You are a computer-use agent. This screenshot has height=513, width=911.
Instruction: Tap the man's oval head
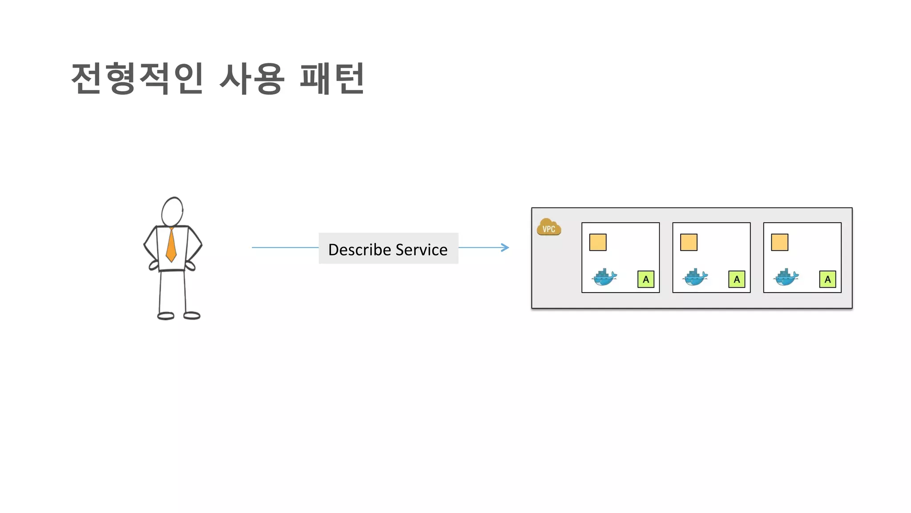172,212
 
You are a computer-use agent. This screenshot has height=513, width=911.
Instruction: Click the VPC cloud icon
548,227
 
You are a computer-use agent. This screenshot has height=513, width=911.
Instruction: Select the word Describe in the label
359,250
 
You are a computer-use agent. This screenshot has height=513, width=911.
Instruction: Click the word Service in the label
421,250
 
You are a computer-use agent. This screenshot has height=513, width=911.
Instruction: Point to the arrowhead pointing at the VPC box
505,248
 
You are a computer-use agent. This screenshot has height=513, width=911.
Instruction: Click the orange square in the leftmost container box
598,243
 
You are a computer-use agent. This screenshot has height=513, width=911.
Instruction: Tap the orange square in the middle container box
689,243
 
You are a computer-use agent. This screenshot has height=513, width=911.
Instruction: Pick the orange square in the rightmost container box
779,243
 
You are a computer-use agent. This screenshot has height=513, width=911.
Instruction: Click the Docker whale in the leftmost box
604,277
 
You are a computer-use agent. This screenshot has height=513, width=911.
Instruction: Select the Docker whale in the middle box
695,277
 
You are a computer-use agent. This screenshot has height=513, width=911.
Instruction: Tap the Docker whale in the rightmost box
786,277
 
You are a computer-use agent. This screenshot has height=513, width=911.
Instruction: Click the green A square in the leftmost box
646,279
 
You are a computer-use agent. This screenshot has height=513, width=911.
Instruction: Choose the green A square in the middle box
737,279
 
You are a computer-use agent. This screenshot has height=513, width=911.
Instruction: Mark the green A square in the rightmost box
827,279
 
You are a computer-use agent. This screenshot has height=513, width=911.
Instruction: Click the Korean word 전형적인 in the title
137,78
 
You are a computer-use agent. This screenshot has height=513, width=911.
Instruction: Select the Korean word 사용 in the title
252,78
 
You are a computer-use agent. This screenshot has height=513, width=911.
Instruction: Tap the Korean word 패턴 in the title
332,78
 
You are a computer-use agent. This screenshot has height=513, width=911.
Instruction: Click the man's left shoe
166,316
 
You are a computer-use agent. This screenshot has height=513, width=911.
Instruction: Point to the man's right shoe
192,316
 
